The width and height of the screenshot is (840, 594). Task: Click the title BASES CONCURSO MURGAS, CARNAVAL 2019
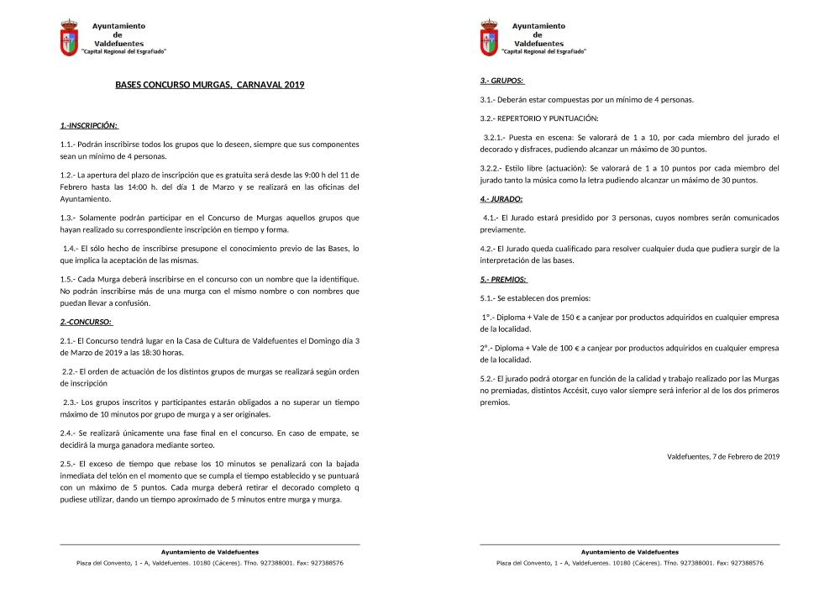[209, 85]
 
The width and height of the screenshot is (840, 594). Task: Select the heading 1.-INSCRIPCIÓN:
[88, 126]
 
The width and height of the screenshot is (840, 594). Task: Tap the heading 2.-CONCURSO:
[87, 322]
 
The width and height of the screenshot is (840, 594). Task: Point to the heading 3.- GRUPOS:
[502, 81]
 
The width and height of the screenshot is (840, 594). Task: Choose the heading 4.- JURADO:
[501, 199]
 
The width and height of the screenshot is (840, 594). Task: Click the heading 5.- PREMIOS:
[504, 278]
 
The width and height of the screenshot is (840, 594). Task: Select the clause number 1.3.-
[68, 218]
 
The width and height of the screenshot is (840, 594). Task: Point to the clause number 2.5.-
[68, 464]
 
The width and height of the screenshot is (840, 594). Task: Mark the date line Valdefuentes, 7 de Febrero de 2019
[723, 456]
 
